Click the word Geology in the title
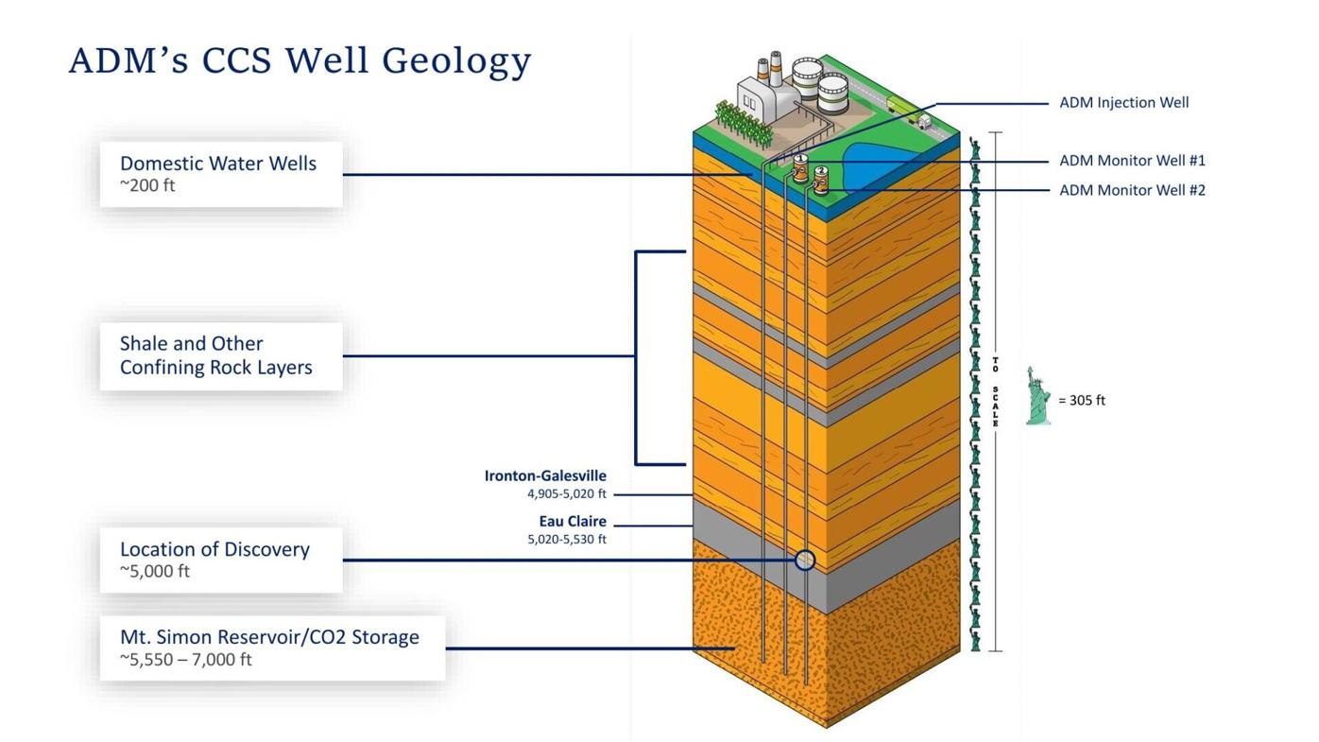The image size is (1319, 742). pos(456,61)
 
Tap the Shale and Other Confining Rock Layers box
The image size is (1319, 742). pos(220,356)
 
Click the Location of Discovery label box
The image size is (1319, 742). pos(220,560)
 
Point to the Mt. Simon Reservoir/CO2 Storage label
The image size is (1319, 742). pos(271,647)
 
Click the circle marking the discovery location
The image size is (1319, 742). pos(804,560)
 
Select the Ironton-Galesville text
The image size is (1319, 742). pos(545,475)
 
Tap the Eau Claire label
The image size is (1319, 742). pos(573,522)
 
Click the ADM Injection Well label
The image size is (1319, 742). pos(1123,102)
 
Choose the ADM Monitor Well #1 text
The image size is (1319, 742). pos(1132,161)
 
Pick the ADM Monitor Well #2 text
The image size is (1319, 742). pos(1132,190)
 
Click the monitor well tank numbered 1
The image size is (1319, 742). pos(800,169)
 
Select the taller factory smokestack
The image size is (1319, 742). pos(776,68)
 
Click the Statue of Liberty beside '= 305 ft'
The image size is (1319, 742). pos(1037,397)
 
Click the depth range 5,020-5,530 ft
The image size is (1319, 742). pos(567,540)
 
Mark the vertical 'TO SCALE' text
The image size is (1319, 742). pos(995,391)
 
